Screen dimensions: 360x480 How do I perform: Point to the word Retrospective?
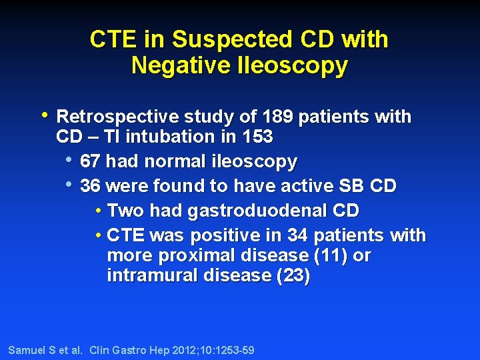click(x=115, y=117)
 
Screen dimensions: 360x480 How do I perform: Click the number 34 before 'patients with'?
click(x=297, y=235)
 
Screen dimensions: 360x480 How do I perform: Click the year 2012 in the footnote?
click(x=170, y=350)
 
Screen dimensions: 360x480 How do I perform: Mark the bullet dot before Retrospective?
click(x=44, y=115)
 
